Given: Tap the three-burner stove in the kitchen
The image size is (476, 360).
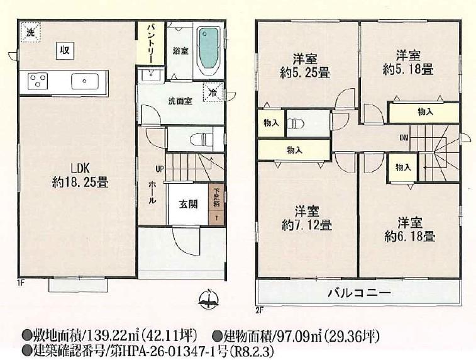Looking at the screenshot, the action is pos(38,81).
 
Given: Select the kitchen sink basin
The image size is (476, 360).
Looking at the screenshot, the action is pos(85,81).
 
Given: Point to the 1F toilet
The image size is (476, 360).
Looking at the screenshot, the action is pos(201,140).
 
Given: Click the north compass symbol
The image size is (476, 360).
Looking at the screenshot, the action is pos(209,299).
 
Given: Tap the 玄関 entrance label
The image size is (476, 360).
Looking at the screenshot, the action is pos(188,204).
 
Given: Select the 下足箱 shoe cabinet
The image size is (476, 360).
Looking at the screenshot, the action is pos(217,204).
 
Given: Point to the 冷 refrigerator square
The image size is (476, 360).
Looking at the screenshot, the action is pos(214,93).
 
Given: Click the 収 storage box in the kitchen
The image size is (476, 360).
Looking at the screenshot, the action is pos(65,50).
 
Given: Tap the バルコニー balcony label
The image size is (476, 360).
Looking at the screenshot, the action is pos(359,293).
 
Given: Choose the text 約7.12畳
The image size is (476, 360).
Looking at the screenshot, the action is pos(307,225).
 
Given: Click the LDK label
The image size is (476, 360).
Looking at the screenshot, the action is pos(80,167).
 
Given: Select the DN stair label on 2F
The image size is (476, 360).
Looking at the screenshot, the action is pos(404,138).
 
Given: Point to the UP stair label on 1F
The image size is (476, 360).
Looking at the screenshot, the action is pos(160,169).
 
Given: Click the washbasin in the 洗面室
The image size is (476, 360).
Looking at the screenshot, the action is pos(150,74).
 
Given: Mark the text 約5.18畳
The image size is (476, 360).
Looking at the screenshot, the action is pos(408,70).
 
